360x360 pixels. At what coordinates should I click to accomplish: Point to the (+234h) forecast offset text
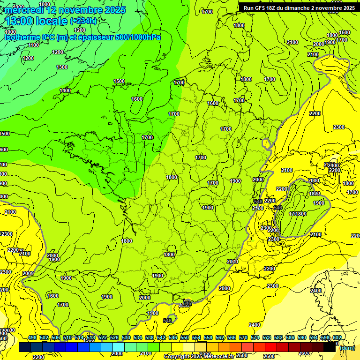click(x=83, y=21)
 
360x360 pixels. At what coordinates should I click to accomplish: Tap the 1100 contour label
click(x=33, y=45)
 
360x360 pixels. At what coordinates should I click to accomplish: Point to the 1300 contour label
click(x=62, y=67)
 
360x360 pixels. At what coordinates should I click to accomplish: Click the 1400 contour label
click(x=65, y=90)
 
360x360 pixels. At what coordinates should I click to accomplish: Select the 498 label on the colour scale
click(x=32, y=337)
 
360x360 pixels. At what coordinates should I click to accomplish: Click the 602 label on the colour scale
click(x=337, y=337)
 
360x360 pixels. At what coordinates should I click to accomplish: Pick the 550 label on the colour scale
click(x=185, y=337)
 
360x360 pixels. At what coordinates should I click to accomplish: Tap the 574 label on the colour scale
click(x=255, y=337)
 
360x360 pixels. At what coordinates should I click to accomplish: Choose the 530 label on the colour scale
click(x=126, y=337)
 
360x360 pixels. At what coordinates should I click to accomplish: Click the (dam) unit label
click(x=347, y=348)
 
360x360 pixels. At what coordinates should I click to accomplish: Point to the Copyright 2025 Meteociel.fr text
click(x=199, y=357)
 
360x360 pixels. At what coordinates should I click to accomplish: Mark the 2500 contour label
click(x=242, y=355)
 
